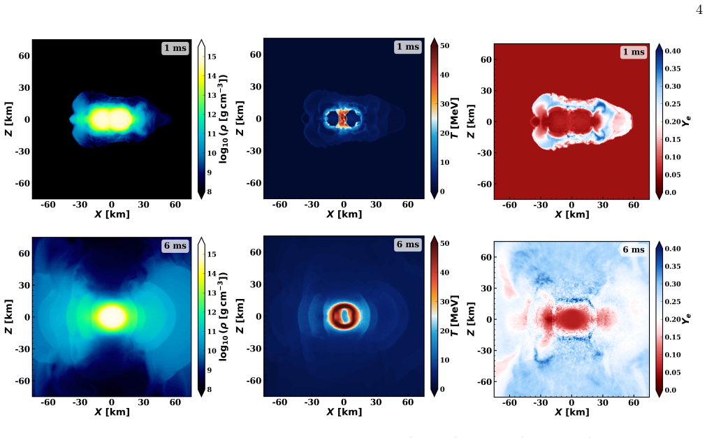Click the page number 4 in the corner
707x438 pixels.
pos(699,10)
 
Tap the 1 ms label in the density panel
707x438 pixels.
pos(175,48)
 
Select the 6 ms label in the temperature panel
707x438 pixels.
pos(407,244)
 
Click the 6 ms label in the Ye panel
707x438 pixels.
pos(634,249)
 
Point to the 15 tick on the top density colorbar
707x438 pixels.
pos(212,57)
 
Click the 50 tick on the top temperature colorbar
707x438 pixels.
pos(444,45)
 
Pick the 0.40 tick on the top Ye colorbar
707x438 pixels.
pos(673,51)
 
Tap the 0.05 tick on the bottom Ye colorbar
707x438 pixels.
pos(673,372)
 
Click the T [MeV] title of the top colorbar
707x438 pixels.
pos(455,118)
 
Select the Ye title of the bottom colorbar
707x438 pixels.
pos(687,319)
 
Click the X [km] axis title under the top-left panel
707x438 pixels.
pos(112,214)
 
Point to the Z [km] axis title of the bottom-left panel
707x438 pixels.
pos(8,316)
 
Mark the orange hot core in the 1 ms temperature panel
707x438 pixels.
pos(343,118)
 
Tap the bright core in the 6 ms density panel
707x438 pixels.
pos(111,316)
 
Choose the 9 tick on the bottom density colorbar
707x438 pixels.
pos(209,370)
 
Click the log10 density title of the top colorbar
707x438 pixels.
pos(222,118)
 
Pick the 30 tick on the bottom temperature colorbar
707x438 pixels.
pos(444,302)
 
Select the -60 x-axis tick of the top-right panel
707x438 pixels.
pos(509,205)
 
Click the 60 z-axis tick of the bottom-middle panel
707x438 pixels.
pos(256,252)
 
